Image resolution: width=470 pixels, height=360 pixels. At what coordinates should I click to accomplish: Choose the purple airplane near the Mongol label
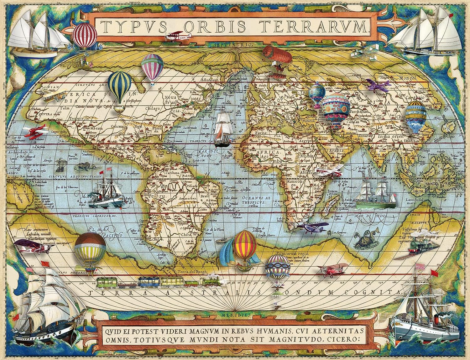pos(378,85)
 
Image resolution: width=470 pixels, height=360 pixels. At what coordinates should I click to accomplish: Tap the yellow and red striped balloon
pos(245,244)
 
